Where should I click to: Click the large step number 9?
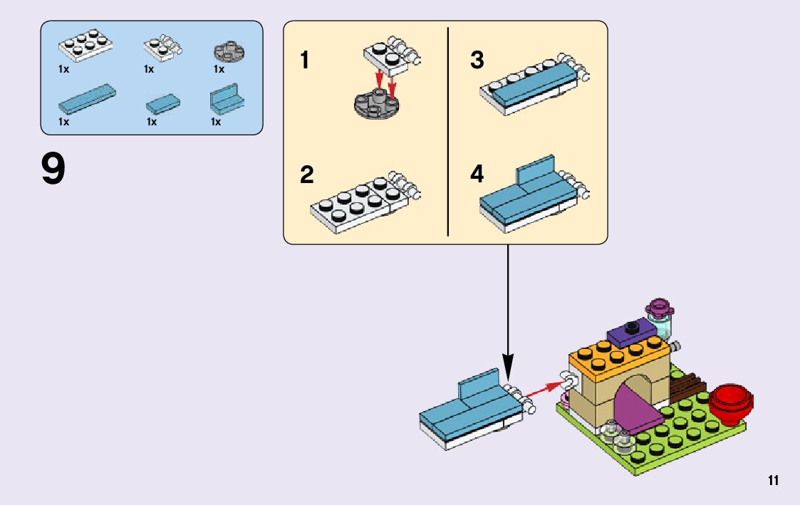point(53,170)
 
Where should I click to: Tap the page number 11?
point(774,481)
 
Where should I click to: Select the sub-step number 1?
point(305,61)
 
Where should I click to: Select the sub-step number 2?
point(306,175)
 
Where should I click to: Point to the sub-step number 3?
point(477,61)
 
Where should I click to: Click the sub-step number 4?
point(477,175)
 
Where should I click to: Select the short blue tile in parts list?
point(163,104)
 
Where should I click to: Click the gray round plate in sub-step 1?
point(378,105)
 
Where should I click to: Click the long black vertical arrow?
point(508,306)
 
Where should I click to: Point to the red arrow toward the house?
point(546,387)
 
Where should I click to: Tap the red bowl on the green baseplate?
point(729,402)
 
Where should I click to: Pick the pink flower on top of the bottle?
point(659,309)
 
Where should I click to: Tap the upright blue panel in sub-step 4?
point(536,172)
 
